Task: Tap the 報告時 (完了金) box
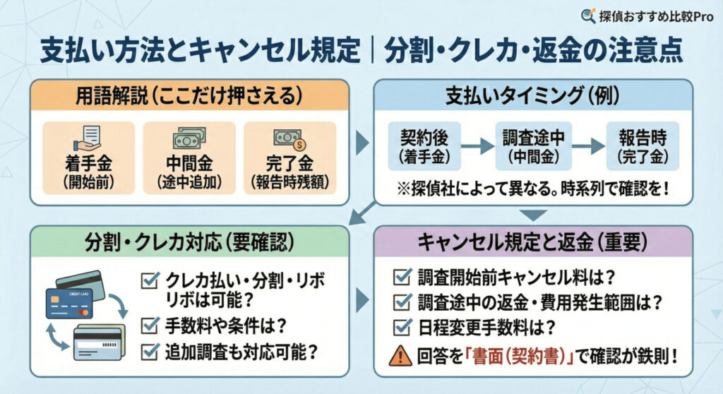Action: (643, 146)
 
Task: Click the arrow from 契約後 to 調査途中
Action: (477, 146)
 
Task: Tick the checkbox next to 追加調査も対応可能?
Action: (150, 351)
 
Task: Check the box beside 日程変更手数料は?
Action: (402, 327)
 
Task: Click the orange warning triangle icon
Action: (401, 355)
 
